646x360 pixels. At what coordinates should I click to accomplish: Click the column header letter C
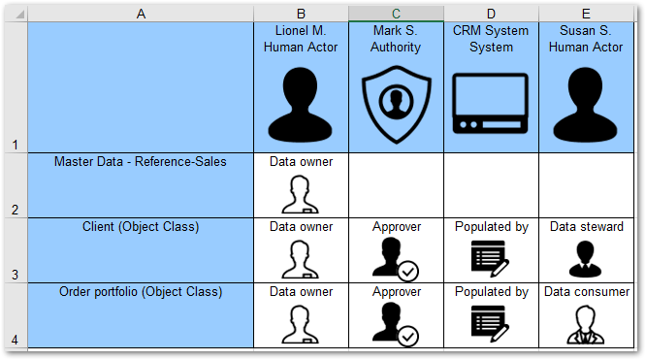[x=396, y=14]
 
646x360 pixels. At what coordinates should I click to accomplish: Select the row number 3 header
[x=16, y=275]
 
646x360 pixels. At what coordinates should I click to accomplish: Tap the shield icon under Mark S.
[x=397, y=105]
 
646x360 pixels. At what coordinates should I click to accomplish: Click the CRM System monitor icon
[x=490, y=103]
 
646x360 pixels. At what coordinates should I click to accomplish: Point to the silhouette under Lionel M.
[x=301, y=105]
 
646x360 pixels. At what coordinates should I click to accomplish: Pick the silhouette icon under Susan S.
[x=586, y=105]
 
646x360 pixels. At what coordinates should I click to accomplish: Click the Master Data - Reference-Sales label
[x=141, y=162]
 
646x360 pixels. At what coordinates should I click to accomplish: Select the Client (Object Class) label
[x=141, y=227]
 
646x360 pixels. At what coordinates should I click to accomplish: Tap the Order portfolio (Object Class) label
[x=141, y=292]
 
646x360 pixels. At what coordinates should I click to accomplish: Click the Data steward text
[x=586, y=227]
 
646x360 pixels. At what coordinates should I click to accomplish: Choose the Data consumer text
[x=587, y=292]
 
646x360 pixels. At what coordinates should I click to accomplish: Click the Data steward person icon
[x=585, y=259]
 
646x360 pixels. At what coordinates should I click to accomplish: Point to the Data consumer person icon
[x=586, y=324]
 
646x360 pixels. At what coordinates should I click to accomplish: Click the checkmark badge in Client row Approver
[x=407, y=272]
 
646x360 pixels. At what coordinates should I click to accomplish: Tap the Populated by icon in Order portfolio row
[x=490, y=323]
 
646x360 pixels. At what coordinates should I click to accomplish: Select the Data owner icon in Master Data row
[x=300, y=194]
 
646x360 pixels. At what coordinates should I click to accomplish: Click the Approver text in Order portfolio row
[x=397, y=292]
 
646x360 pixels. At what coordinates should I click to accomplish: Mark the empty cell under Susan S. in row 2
[x=586, y=185]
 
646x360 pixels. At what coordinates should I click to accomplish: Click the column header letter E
[x=586, y=14]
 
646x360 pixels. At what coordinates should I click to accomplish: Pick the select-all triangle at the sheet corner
[x=20, y=15]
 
